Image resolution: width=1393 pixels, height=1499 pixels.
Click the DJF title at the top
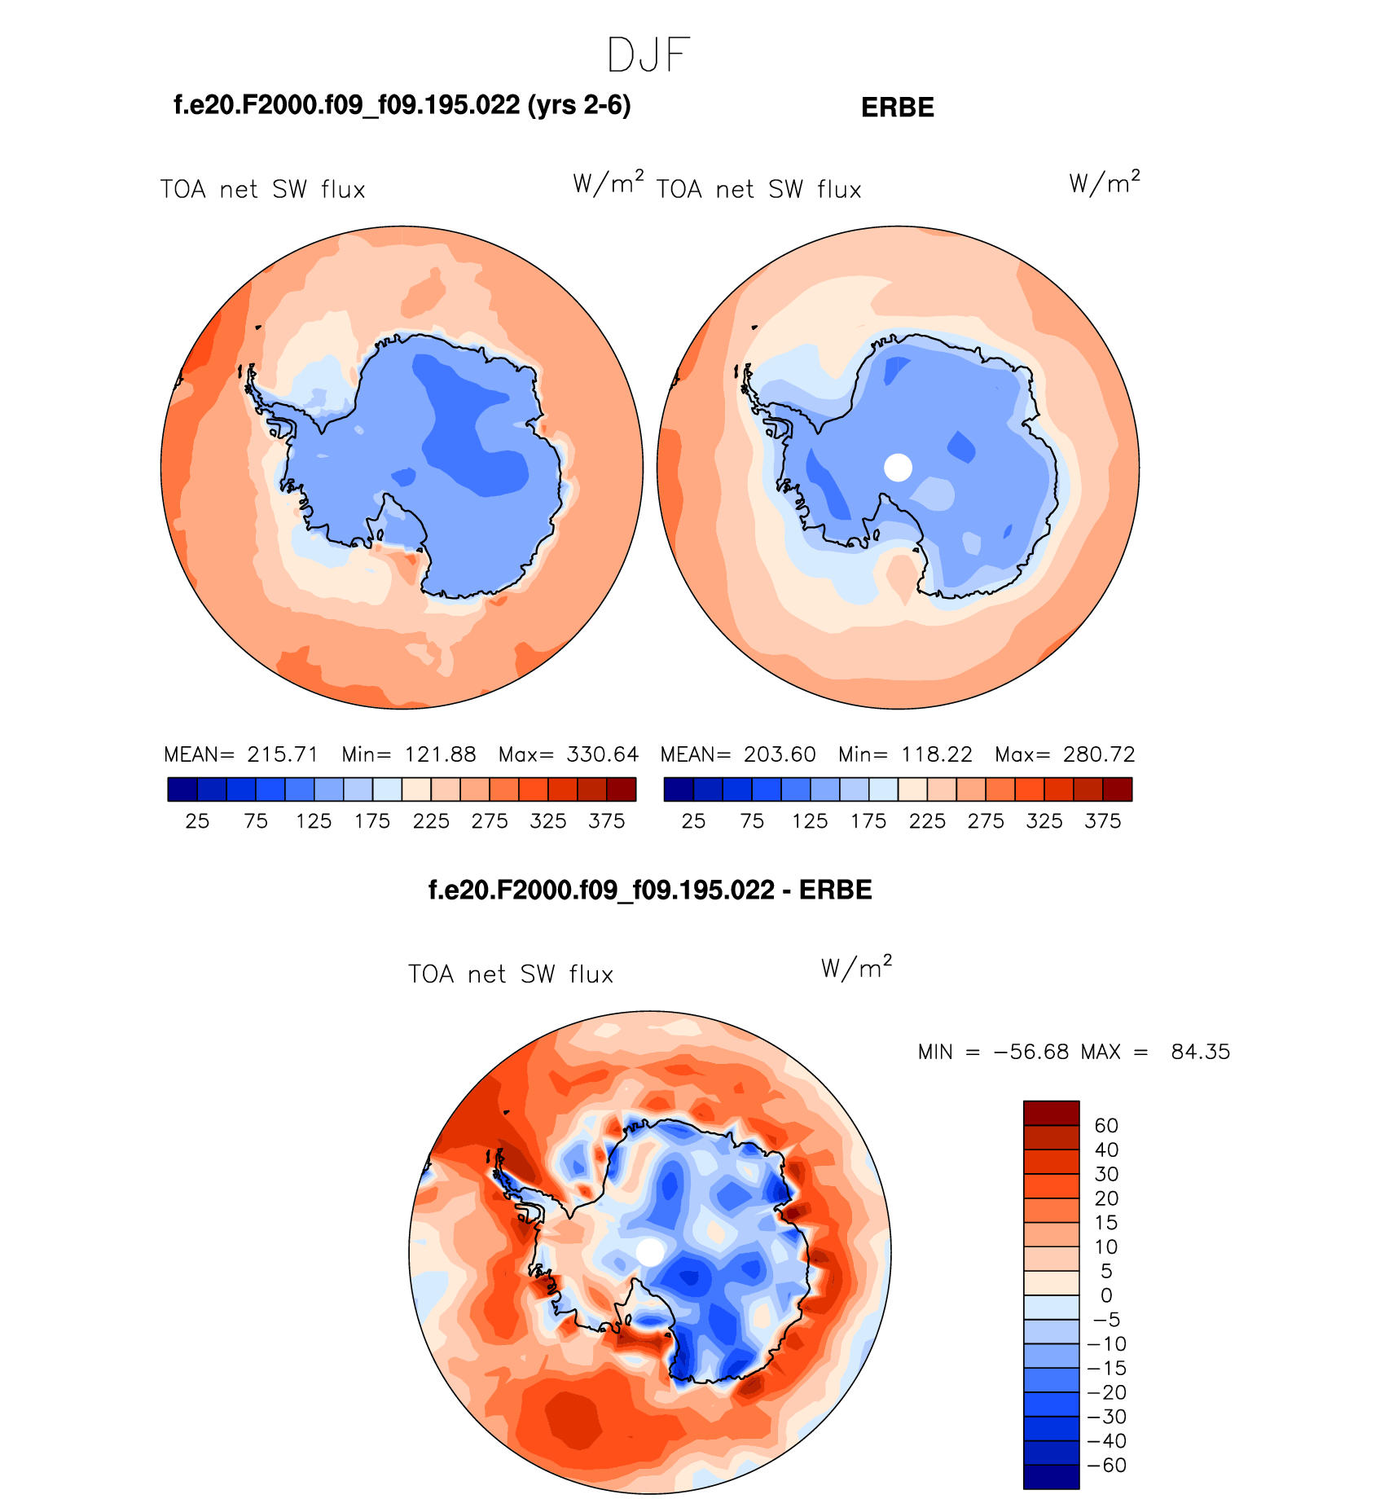point(648,56)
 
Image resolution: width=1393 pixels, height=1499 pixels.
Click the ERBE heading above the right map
point(897,108)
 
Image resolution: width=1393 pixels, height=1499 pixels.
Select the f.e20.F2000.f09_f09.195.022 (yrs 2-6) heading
point(402,105)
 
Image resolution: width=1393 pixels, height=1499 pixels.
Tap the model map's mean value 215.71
point(283,754)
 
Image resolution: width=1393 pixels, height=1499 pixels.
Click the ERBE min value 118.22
point(937,754)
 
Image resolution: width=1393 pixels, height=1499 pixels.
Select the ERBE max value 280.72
point(1099,754)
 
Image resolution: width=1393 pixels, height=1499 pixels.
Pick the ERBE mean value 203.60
point(779,754)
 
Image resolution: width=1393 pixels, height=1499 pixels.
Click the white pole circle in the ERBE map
point(898,468)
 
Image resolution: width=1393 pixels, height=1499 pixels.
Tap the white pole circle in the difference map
point(649,1252)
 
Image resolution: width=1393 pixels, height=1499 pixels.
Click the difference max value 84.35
point(1200,1052)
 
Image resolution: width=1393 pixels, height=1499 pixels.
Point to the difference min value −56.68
point(1030,1052)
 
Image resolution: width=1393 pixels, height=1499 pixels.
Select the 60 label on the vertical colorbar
point(1105,1126)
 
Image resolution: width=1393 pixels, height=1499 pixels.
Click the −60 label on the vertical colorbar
point(1106,1466)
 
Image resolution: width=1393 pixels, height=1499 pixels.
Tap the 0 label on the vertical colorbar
point(1105,1295)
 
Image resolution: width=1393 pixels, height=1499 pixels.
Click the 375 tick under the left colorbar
point(606,821)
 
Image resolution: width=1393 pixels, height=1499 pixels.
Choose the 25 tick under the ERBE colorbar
point(693,821)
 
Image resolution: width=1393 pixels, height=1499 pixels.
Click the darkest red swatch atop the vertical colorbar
point(1051,1113)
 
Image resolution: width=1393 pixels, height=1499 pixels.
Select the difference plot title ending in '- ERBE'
point(649,890)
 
